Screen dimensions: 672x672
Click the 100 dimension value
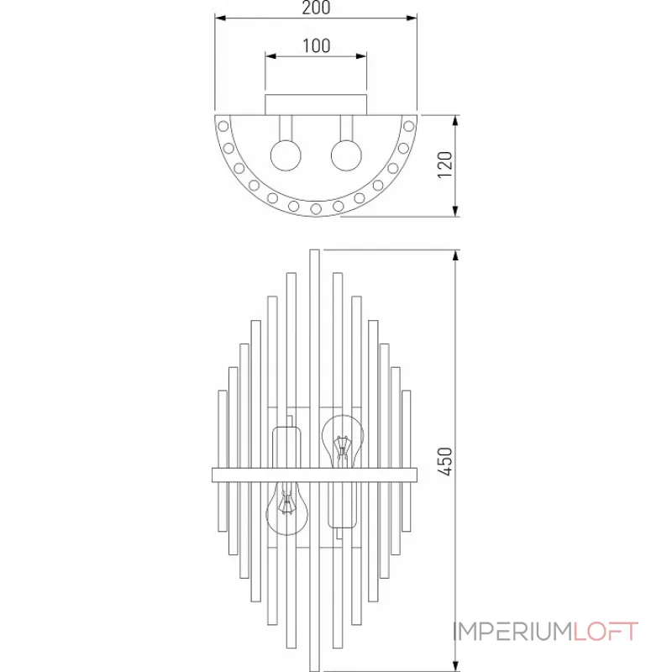tap(315, 47)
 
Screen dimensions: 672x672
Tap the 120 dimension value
tap(445, 164)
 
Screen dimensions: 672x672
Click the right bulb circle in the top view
tap(345, 155)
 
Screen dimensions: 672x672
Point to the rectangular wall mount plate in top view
tap(316, 105)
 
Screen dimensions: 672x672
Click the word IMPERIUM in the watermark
tap(512, 631)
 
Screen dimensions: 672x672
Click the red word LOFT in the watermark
tap(606, 631)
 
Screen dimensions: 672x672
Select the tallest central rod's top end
tap(314, 252)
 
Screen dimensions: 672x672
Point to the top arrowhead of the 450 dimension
tap(455, 255)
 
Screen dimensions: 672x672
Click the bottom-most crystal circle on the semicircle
tap(316, 207)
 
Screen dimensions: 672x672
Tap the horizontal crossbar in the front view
tap(315, 475)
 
